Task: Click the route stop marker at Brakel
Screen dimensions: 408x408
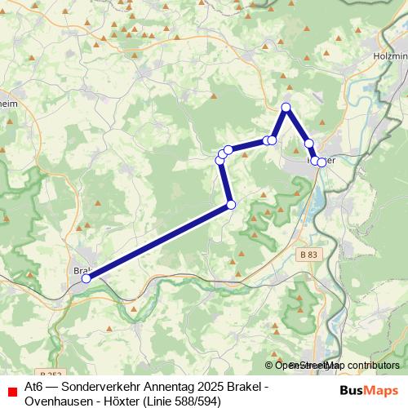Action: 86,279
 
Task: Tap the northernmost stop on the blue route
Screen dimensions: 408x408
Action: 286,108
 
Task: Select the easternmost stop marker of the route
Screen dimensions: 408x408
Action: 322,162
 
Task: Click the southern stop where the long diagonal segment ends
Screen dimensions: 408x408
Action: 231,204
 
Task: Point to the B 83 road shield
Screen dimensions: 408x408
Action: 308,255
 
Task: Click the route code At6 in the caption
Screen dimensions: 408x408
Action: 33,385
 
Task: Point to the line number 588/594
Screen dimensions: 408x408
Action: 195,400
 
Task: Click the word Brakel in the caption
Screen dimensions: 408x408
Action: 242,385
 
